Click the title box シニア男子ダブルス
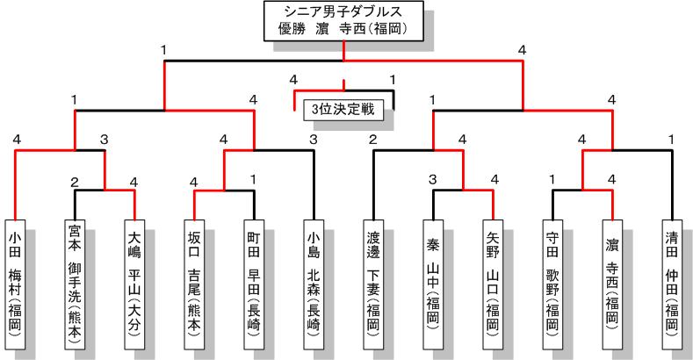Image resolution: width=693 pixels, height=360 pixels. click(344, 20)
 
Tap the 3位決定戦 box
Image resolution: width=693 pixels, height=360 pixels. click(343, 110)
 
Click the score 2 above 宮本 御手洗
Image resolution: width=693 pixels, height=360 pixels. click(75, 183)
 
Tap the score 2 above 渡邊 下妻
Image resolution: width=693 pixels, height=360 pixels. click(372, 140)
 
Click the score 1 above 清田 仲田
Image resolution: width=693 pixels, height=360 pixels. click(671, 139)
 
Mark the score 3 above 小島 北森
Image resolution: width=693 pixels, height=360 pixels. click(314, 140)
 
